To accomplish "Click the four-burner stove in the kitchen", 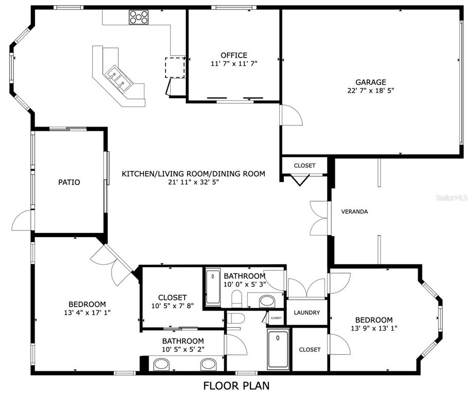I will (x=138, y=17).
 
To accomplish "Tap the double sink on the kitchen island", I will (x=119, y=79).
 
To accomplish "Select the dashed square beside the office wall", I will (x=174, y=67).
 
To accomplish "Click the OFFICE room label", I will (x=233, y=55).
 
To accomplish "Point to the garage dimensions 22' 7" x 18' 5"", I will (x=370, y=91).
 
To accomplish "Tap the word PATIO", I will (x=69, y=182).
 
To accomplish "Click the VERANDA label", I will (x=354, y=211).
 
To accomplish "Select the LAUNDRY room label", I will (x=307, y=313).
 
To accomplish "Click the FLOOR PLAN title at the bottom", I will (x=236, y=385).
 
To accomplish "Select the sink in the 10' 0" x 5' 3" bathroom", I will (x=266, y=300).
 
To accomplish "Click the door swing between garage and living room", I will (x=291, y=114).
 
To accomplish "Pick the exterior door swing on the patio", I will (x=22, y=221).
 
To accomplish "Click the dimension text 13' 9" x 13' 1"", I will (x=370, y=328).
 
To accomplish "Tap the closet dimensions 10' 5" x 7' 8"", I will (x=172, y=307).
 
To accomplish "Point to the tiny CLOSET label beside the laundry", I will (x=276, y=318).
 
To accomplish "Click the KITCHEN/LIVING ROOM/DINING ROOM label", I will (x=193, y=174).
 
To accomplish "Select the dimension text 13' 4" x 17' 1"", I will (x=87, y=312).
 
